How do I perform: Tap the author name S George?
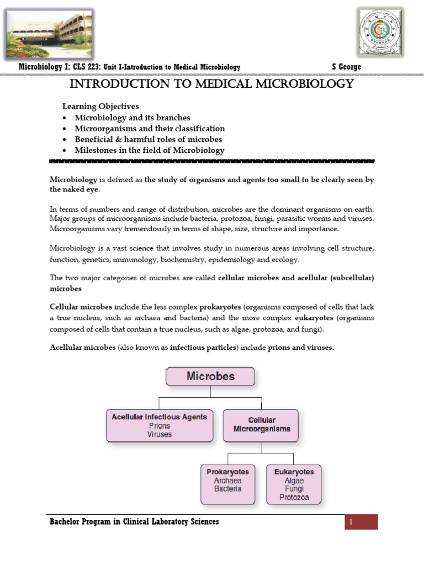[x=346, y=67]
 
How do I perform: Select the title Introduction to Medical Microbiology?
[x=210, y=84]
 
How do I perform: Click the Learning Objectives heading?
[x=100, y=106]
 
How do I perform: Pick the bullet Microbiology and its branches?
[x=132, y=118]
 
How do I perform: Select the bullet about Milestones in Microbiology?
[x=150, y=150]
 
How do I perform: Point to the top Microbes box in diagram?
[x=210, y=377]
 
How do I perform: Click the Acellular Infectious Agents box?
[x=160, y=425]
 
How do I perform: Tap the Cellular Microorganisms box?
[x=261, y=425]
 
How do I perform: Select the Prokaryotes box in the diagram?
[x=227, y=484]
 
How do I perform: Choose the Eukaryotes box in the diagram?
[x=294, y=484]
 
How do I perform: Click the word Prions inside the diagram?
[x=160, y=426]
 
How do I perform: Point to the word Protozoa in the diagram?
[x=294, y=497]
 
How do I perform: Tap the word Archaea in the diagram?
[x=227, y=481]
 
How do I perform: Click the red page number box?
[x=361, y=522]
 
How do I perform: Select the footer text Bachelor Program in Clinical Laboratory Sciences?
[x=134, y=522]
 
